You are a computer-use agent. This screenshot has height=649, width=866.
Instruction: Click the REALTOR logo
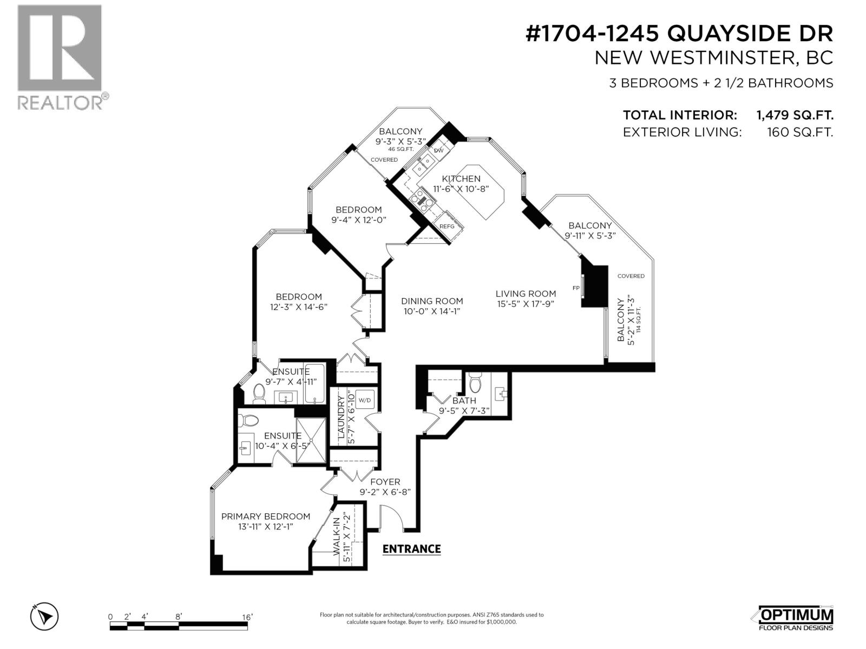(60, 57)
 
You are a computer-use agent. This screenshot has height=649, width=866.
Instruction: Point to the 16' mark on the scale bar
(247, 617)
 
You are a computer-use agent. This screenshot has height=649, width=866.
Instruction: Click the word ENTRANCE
(411, 549)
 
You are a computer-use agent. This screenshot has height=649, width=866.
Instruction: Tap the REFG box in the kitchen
(447, 226)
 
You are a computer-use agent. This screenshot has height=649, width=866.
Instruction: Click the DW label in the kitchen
(439, 150)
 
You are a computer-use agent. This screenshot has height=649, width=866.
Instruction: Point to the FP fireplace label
(576, 288)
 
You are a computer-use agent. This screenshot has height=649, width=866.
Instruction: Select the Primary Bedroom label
(265, 516)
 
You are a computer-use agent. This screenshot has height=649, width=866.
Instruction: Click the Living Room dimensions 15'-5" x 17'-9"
(526, 303)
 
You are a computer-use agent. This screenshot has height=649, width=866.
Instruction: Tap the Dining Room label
(432, 301)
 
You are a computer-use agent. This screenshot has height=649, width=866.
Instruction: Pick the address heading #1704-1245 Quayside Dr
(679, 34)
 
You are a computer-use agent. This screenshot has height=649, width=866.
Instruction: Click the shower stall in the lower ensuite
(311, 441)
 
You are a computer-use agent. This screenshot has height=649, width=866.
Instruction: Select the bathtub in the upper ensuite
(314, 383)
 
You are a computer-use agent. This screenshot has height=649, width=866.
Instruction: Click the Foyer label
(385, 482)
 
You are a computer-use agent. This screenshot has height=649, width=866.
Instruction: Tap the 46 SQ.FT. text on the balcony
(401, 149)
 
